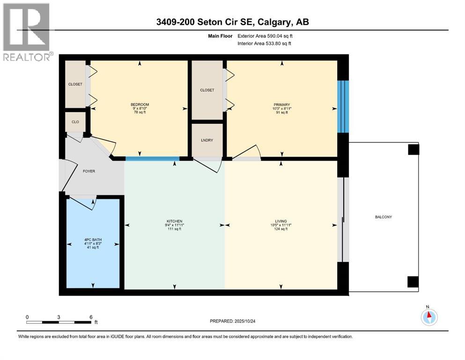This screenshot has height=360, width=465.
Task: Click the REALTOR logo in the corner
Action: click(27, 32)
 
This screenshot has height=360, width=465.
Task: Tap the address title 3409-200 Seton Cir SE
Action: click(232, 22)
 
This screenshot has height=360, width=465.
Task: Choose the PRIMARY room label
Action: click(282, 105)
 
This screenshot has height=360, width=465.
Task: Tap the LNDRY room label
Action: click(207, 140)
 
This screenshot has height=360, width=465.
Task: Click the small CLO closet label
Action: click(75, 122)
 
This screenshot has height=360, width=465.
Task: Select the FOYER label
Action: click(89, 171)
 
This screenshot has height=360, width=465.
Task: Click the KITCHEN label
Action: click(174, 221)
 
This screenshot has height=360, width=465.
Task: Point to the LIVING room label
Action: click(281, 221)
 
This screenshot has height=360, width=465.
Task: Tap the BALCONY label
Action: click(383, 217)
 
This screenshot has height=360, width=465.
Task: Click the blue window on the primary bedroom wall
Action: click(343, 106)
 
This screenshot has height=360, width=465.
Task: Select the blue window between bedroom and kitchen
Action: click(152, 158)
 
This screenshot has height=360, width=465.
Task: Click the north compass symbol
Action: click(428, 317)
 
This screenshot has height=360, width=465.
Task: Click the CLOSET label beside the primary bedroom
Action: click(207, 90)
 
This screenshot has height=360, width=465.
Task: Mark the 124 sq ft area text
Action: click(281, 229)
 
